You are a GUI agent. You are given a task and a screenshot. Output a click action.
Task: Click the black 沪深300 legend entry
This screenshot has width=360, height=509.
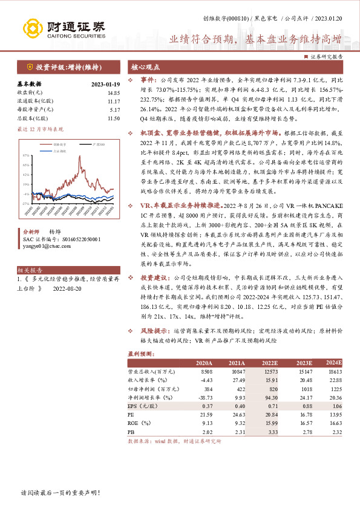click(85, 145)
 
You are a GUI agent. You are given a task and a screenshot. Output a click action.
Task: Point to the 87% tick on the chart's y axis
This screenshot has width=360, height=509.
click(25, 155)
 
